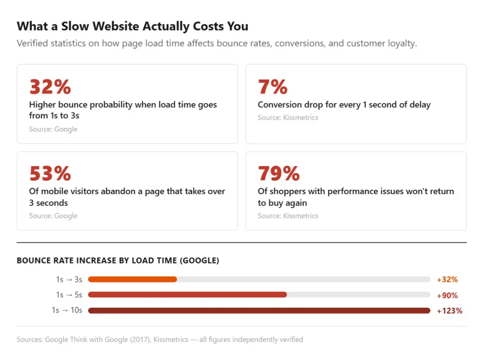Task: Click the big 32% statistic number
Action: (50, 87)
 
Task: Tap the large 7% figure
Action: (273, 87)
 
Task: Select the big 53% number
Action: (50, 173)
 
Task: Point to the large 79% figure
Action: (279, 173)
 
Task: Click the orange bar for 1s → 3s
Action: (133, 279)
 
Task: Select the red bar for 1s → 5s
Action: (187, 294)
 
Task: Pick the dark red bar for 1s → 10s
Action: (259, 310)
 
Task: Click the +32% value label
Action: (447, 279)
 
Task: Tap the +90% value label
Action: (447, 295)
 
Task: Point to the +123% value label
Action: (450, 311)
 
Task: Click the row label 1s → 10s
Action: (67, 310)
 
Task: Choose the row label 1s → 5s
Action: (69, 295)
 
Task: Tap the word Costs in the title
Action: (209, 26)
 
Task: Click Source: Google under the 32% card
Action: (53, 129)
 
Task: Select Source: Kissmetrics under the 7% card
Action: (287, 118)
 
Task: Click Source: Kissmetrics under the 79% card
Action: (287, 216)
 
